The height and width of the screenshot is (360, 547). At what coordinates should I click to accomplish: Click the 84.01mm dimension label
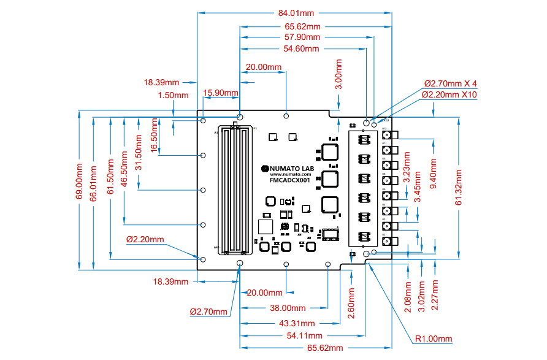(x=296, y=13)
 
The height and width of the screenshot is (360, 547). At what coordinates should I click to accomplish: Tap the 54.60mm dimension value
(x=302, y=48)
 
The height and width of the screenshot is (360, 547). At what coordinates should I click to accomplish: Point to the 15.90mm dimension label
(x=220, y=93)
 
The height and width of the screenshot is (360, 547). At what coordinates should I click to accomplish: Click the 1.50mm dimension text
(x=174, y=95)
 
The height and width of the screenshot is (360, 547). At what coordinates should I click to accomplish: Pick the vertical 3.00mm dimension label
(x=339, y=75)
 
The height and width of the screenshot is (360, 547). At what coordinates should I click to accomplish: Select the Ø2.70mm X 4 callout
(x=450, y=83)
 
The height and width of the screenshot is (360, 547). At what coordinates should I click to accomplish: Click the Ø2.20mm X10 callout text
(x=449, y=94)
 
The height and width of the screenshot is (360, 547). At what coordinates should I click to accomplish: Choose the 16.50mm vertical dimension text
(x=154, y=131)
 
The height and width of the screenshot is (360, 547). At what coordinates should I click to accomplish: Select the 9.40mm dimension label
(x=434, y=174)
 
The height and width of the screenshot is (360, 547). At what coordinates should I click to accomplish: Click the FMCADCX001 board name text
(x=290, y=181)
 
